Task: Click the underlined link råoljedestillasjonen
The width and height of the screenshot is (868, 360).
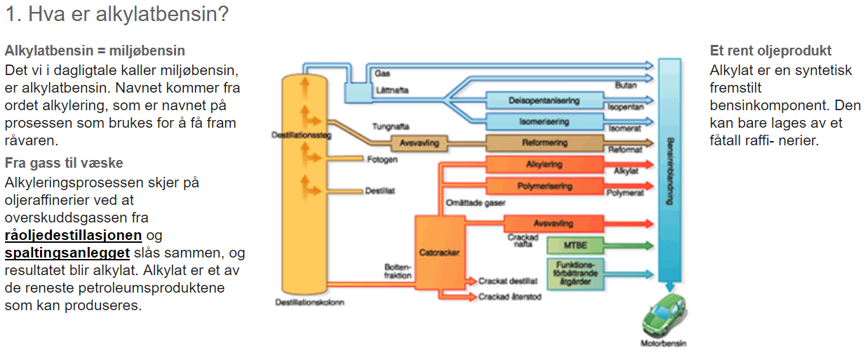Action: click(73, 235)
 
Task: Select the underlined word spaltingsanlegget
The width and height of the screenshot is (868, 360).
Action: click(67, 253)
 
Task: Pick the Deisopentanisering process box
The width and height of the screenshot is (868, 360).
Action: click(544, 100)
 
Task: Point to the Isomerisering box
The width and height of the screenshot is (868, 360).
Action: click(544, 121)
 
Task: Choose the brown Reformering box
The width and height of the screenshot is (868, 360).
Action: click(544, 142)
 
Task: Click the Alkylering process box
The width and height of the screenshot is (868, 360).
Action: click(544, 165)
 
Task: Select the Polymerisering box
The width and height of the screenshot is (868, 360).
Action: click(544, 186)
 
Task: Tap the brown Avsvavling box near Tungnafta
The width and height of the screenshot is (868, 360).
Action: click(419, 142)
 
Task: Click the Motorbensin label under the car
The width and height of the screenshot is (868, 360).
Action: click(663, 344)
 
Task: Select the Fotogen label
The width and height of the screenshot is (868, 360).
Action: click(382, 159)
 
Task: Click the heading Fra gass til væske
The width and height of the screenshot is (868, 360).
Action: click(64, 164)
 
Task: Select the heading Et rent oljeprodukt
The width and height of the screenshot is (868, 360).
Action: click(770, 51)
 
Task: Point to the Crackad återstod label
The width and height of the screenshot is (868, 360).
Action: click(509, 297)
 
